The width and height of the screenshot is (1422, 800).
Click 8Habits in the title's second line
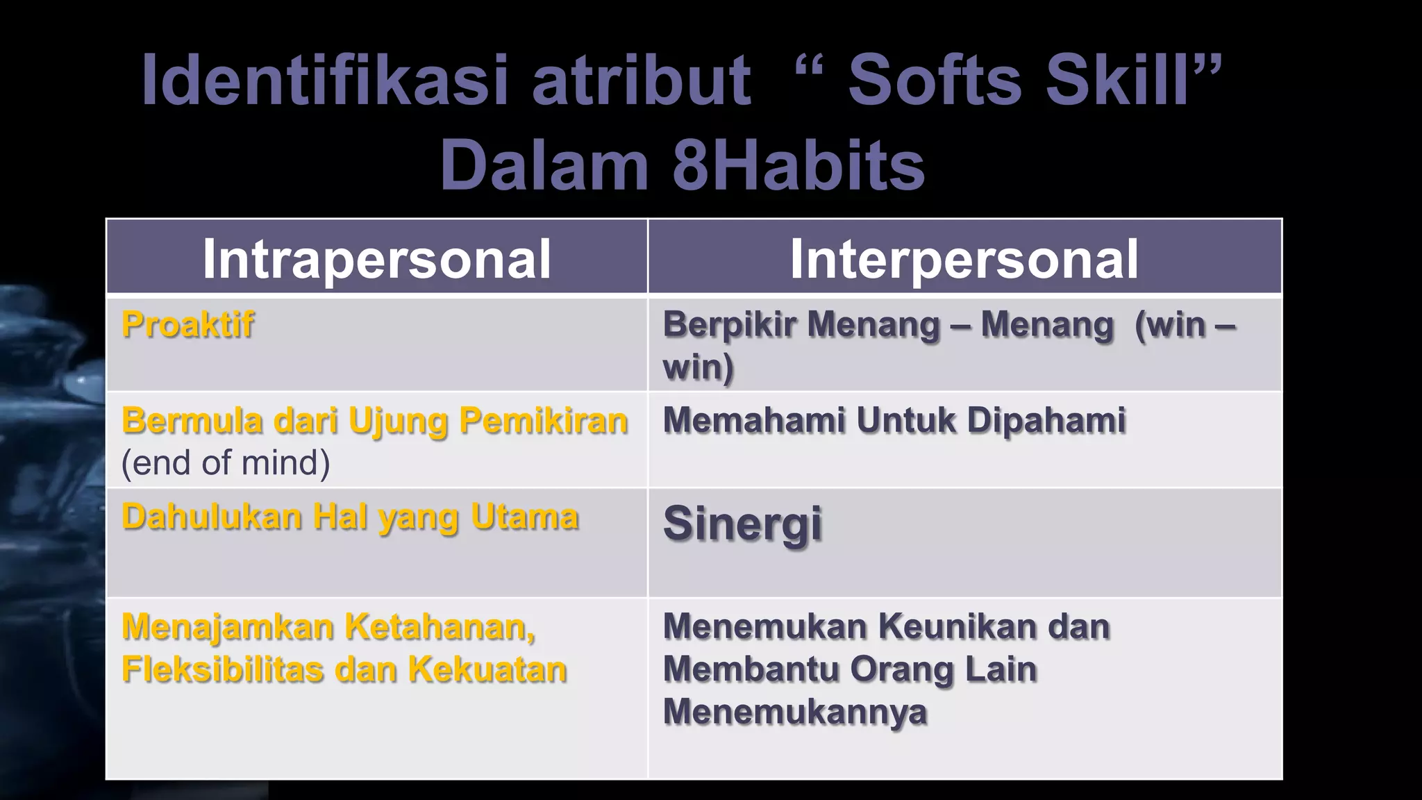click(798, 167)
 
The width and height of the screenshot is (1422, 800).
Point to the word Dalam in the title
click(544, 167)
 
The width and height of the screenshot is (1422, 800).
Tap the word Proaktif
click(187, 324)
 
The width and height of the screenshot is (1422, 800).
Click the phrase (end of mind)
click(226, 462)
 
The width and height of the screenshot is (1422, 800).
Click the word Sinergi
click(742, 524)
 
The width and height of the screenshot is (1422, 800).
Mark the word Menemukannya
click(794, 712)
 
